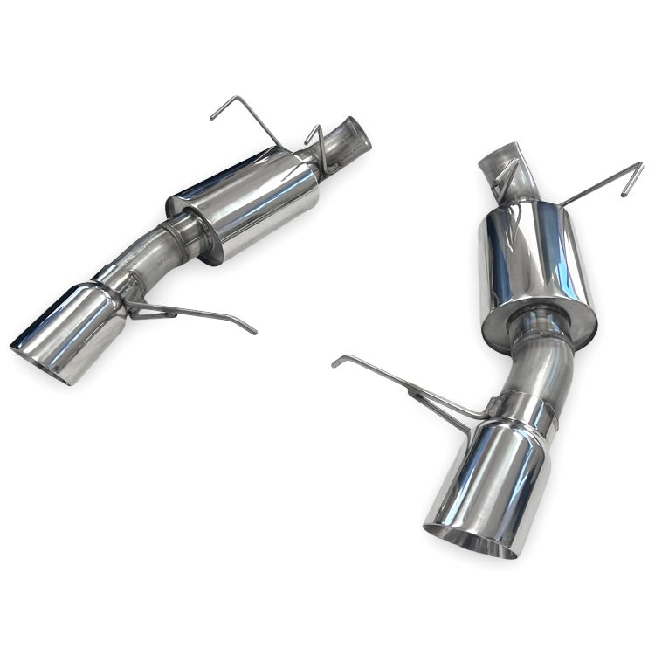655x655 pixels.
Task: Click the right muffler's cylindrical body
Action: (x=533, y=258)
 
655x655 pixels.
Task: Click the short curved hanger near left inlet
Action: (x=317, y=144)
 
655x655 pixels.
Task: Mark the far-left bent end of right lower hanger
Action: (x=339, y=361)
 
